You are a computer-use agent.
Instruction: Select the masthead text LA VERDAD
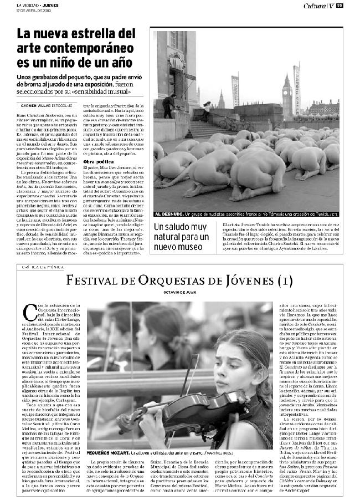pos(27,6)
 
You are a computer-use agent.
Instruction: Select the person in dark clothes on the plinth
pos(168,105)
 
